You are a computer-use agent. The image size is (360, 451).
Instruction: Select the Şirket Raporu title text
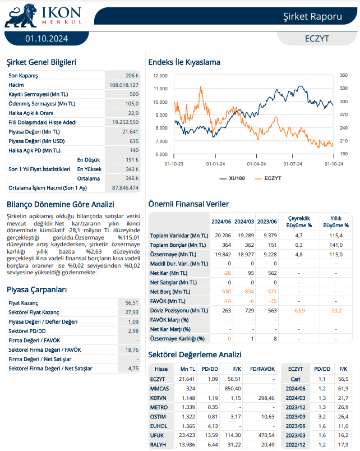[x=312, y=16]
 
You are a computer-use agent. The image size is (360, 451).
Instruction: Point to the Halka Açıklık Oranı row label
[x=34, y=113]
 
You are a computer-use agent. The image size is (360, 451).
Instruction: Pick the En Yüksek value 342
[x=131, y=169]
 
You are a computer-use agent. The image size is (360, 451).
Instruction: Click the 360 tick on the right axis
[x=344, y=75]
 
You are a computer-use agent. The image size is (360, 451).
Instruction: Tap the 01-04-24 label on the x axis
[x=256, y=164]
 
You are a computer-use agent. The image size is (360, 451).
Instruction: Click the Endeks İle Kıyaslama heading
[x=184, y=62]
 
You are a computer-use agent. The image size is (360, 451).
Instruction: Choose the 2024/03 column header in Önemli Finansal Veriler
[x=244, y=222]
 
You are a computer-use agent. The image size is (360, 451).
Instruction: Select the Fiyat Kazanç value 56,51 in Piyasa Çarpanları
[x=131, y=303]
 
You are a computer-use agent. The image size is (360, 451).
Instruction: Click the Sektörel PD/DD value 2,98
[x=133, y=331]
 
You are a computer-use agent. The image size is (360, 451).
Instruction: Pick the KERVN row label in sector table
[x=159, y=398]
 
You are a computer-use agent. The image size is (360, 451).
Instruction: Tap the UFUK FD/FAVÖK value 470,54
[x=266, y=435]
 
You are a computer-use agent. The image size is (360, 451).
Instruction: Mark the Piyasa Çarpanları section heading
[x=37, y=289]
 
